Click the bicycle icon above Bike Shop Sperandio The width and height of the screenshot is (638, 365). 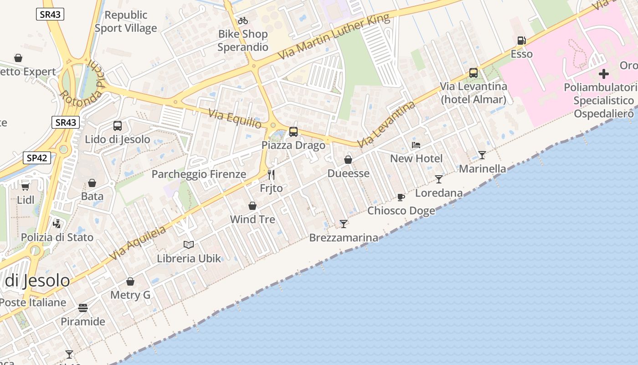[243, 21]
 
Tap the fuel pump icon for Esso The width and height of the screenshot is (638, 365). [521, 41]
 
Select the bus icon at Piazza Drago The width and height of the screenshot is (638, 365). [293, 132]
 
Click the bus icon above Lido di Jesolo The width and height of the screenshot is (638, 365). [118, 126]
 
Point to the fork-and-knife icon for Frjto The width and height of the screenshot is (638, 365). [271, 175]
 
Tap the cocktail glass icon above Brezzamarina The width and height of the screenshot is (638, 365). [344, 224]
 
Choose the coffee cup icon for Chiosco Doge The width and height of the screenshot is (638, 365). [401, 198]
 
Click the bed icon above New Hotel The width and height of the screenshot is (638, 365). [416, 145]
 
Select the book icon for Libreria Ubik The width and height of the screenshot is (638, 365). [189, 245]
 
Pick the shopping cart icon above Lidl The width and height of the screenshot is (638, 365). [26, 187]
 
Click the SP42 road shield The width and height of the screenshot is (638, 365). [36, 158]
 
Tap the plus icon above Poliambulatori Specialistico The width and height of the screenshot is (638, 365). [604, 74]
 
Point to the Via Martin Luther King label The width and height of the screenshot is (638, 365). [334, 36]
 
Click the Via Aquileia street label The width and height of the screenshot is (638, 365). [137, 244]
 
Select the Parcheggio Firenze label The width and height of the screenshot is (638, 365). [199, 174]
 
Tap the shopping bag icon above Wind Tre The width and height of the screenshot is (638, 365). [252, 206]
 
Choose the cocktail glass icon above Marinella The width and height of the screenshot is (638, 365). [482, 155]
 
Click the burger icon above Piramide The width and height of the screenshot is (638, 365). [83, 308]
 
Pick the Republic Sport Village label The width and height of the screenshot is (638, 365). [126, 21]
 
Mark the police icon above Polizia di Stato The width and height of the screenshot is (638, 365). [57, 224]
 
